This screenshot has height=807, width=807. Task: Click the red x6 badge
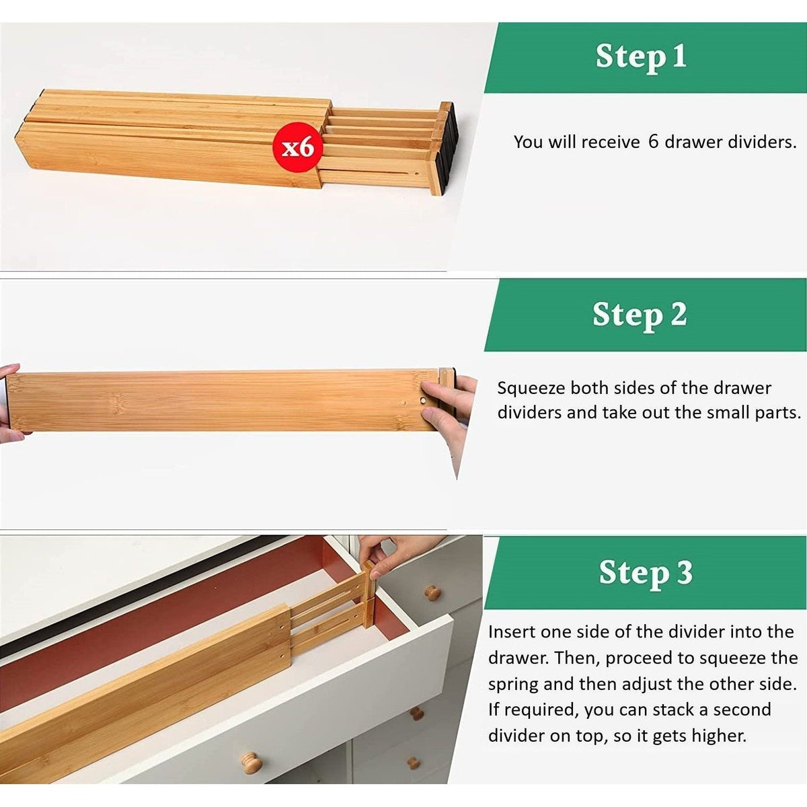[297, 147]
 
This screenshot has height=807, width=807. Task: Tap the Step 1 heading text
[640, 56]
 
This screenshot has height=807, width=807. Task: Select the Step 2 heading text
[639, 315]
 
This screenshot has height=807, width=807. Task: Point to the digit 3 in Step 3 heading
[684, 573]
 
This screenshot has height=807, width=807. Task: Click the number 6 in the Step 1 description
[653, 142]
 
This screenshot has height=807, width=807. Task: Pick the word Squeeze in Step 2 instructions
[533, 389]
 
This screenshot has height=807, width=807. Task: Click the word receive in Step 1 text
[610, 142]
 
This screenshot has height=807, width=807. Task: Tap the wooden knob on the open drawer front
[252, 762]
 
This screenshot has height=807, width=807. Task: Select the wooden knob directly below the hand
[432, 592]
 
